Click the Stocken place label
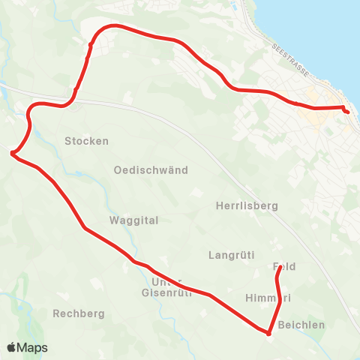coord(87,141)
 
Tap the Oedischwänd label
coord(150,170)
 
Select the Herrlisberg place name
coord(247,205)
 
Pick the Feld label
coord(285,267)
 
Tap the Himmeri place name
coord(268,298)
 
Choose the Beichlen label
coord(301,325)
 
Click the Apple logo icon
coord(12,347)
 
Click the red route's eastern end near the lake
coord(347,112)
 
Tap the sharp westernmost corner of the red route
coord(13,154)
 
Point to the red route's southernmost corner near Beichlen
coord(268,333)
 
